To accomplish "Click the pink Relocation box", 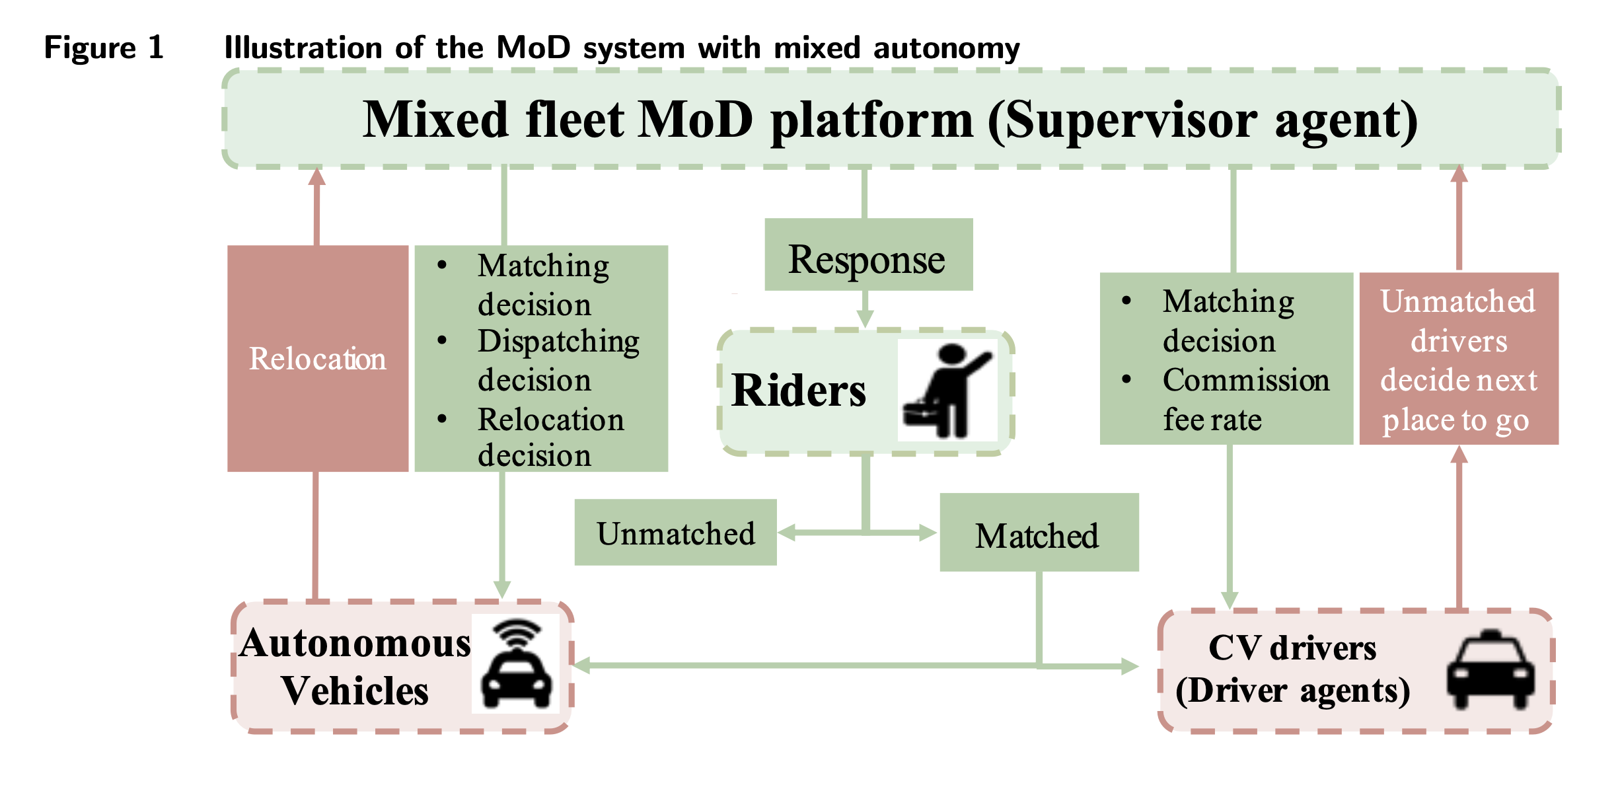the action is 318,358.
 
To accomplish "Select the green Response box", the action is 868,254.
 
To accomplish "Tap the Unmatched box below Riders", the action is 675,532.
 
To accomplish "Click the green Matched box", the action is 1039,532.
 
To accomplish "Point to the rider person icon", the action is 947,391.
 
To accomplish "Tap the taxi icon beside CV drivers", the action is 1491,670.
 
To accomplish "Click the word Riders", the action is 798,390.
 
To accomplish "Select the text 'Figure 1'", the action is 104,48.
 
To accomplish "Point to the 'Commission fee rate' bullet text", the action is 1246,399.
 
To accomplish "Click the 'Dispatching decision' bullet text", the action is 558,360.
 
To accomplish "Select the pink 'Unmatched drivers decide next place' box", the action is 1459,358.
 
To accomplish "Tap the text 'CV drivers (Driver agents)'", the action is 1292,669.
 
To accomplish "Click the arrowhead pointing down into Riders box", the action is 865,319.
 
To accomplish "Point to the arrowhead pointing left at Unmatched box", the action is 787,533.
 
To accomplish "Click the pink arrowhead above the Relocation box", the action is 317,176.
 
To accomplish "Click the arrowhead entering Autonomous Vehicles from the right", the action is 582,665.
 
